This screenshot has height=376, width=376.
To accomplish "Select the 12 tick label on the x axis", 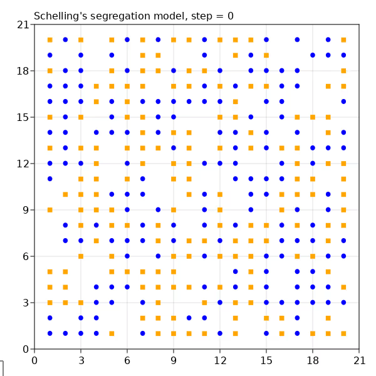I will click(x=220, y=360).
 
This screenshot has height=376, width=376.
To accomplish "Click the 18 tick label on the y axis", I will click(x=23, y=71).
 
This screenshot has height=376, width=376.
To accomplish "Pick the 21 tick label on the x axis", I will click(x=359, y=360).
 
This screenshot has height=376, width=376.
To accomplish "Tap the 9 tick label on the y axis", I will click(x=26, y=210).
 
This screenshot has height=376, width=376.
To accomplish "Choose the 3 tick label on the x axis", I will click(x=81, y=360).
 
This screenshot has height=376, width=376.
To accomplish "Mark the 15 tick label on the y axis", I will click(x=23, y=117).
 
